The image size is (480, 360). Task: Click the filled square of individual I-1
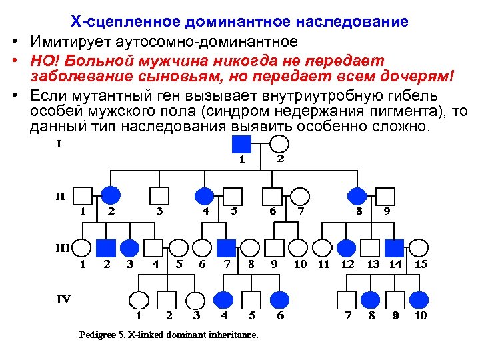[x=241, y=143]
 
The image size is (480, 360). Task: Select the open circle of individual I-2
[x=280, y=143]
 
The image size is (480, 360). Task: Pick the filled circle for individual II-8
[x=359, y=195]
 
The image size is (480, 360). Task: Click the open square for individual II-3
[x=159, y=195]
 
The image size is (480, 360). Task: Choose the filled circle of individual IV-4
[x=225, y=299]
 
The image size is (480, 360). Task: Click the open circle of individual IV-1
[x=139, y=299]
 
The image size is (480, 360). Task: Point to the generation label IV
[x=63, y=299]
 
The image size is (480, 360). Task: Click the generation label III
[x=62, y=247]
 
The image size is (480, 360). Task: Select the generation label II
[x=60, y=197]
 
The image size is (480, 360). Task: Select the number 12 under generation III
[x=347, y=264]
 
